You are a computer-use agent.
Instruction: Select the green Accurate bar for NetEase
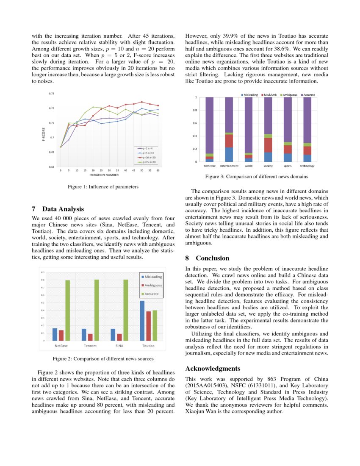point(68,311)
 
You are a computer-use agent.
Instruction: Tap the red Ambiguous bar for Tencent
point(90,337)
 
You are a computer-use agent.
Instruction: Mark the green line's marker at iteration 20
point(93,107)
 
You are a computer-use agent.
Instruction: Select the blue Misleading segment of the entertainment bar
point(229,155)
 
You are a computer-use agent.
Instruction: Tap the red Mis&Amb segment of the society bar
point(268,145)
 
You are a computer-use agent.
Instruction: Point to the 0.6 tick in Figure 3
point(195,123)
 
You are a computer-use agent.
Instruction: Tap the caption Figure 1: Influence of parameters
point(103,186)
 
